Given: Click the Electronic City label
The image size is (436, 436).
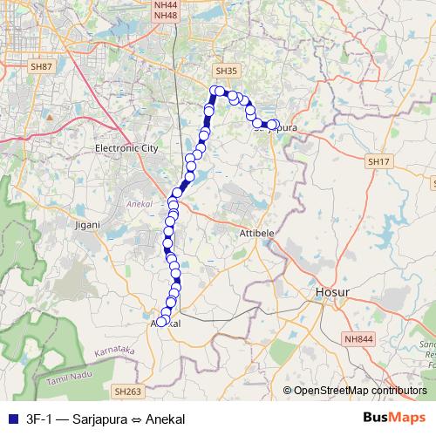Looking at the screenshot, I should pos(126,148).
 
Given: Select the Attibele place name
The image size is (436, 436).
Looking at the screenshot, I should pos(255,235).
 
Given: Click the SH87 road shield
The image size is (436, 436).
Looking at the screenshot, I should pos(41,66).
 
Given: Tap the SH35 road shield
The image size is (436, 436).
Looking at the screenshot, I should pos(225,70).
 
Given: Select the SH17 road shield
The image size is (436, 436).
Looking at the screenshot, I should pos(378,162).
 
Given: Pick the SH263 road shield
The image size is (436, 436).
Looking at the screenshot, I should pos(127,392).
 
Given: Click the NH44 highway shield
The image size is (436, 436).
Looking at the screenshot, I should pos(165,4).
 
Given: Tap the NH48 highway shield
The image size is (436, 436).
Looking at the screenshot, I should pos(165,16).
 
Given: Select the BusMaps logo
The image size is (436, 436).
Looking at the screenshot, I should pos(395,418).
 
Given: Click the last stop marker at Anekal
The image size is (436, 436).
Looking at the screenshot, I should pos(160,322).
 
